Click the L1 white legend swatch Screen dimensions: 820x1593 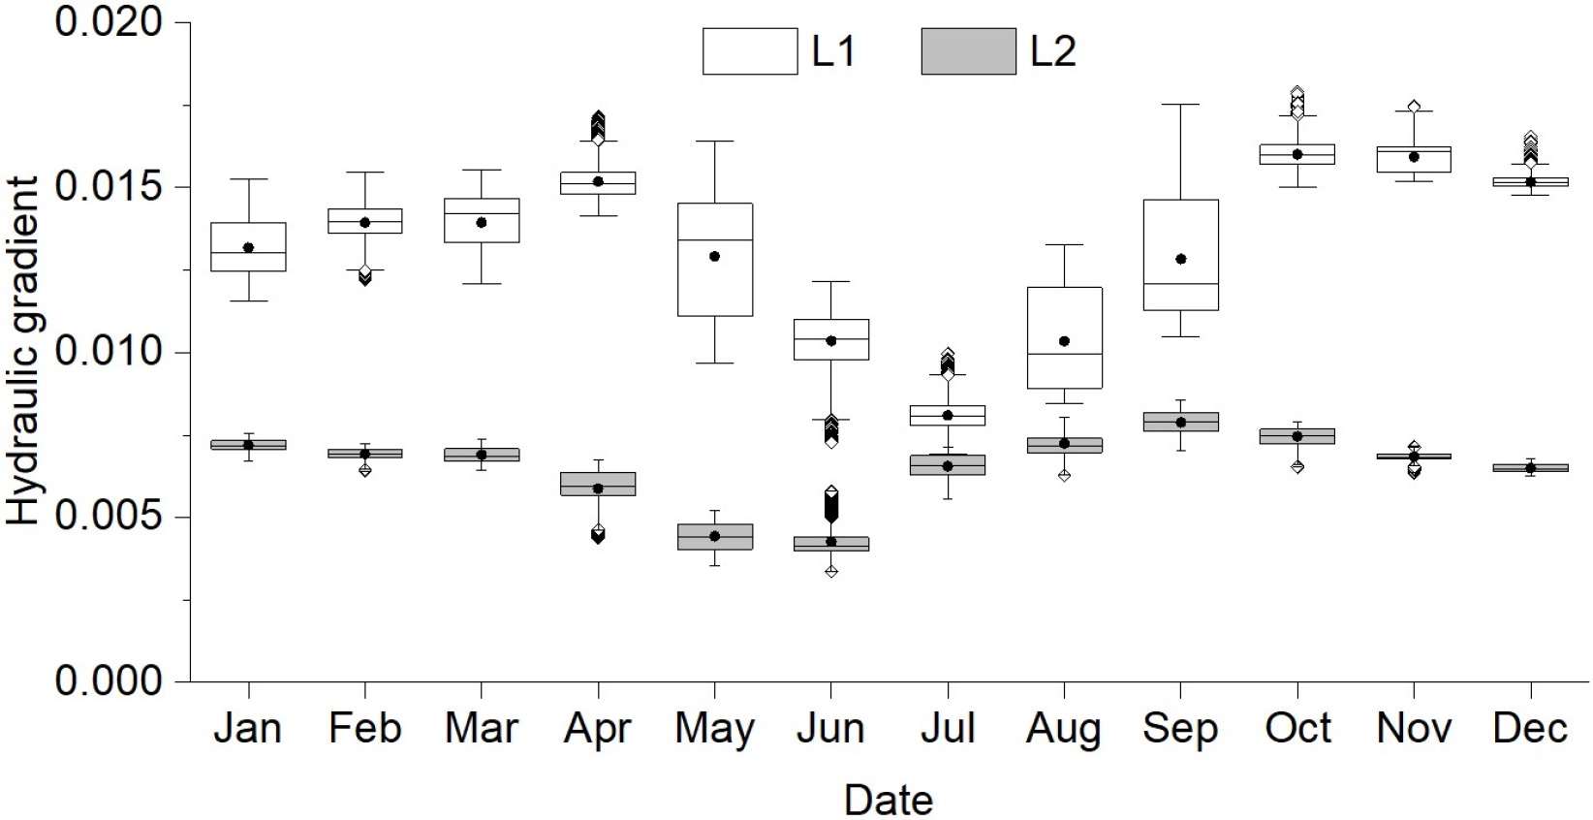[749, 51]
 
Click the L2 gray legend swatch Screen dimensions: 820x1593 [967, 51]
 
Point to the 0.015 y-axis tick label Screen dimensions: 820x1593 [107, 186]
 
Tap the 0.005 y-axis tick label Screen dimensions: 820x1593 [107, 517]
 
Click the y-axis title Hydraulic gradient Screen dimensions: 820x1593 [24, 351]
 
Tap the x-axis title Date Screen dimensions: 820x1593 [888, 801]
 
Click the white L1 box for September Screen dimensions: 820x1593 [1180, 233]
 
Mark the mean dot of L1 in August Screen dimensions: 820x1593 [1064, 341]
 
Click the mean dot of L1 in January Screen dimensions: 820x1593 [248, 248]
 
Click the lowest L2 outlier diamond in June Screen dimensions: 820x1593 [830, 571]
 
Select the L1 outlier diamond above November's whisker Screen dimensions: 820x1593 [1414, 107]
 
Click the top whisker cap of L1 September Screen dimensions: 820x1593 [1180, 104]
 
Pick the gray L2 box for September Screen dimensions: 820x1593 [1180, 422]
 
